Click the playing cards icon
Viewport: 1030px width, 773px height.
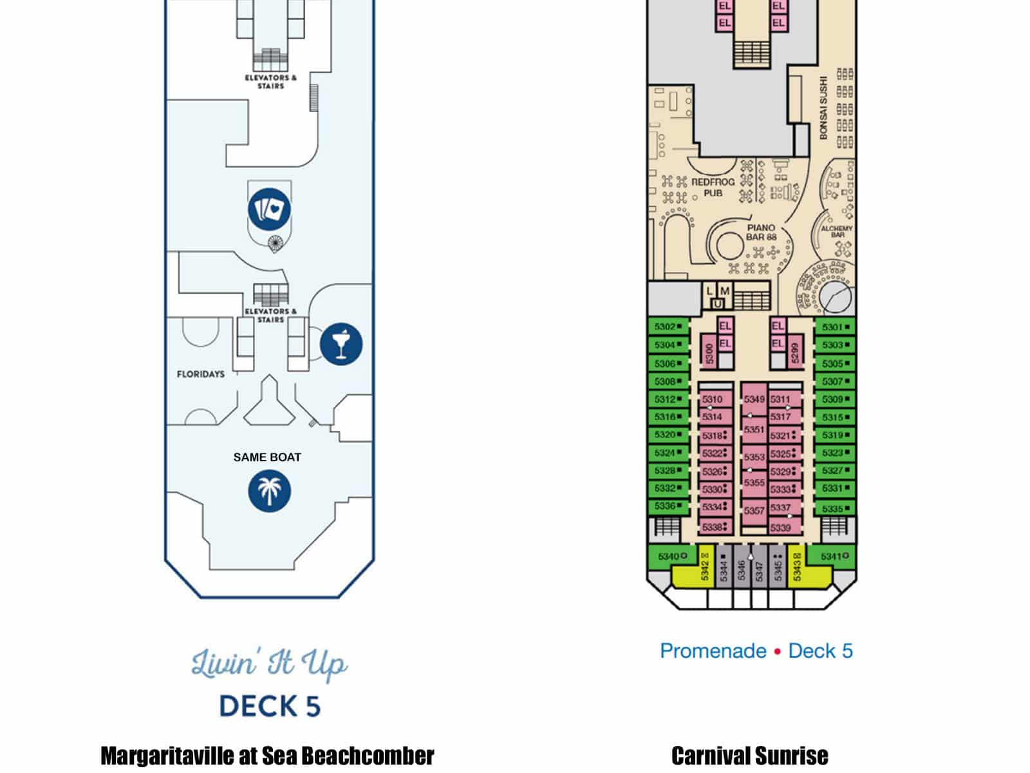pos(270,209)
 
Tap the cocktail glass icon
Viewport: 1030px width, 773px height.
pos(341,343)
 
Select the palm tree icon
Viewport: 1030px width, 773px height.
pos(270,491)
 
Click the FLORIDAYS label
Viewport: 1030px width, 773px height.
pos(201,374)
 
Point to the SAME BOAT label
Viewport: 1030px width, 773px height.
pos(267,457)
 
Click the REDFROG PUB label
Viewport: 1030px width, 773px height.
pos(713,187)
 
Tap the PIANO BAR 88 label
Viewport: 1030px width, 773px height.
pos(761,233)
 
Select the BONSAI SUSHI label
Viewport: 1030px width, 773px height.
pos(823,108)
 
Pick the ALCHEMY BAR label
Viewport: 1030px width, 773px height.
pos(837,231)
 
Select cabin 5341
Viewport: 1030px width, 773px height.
pos(834,556)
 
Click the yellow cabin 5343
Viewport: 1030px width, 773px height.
pos(797,567)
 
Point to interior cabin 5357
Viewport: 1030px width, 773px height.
pos(754,511)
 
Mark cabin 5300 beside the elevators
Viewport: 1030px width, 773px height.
pos(709,353)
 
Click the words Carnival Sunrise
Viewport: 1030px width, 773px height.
pos(749,756)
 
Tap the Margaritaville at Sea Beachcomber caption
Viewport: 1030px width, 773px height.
pos(267,756)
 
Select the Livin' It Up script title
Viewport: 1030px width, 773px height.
pos(269,663)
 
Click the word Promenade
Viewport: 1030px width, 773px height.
pos(713,651)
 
